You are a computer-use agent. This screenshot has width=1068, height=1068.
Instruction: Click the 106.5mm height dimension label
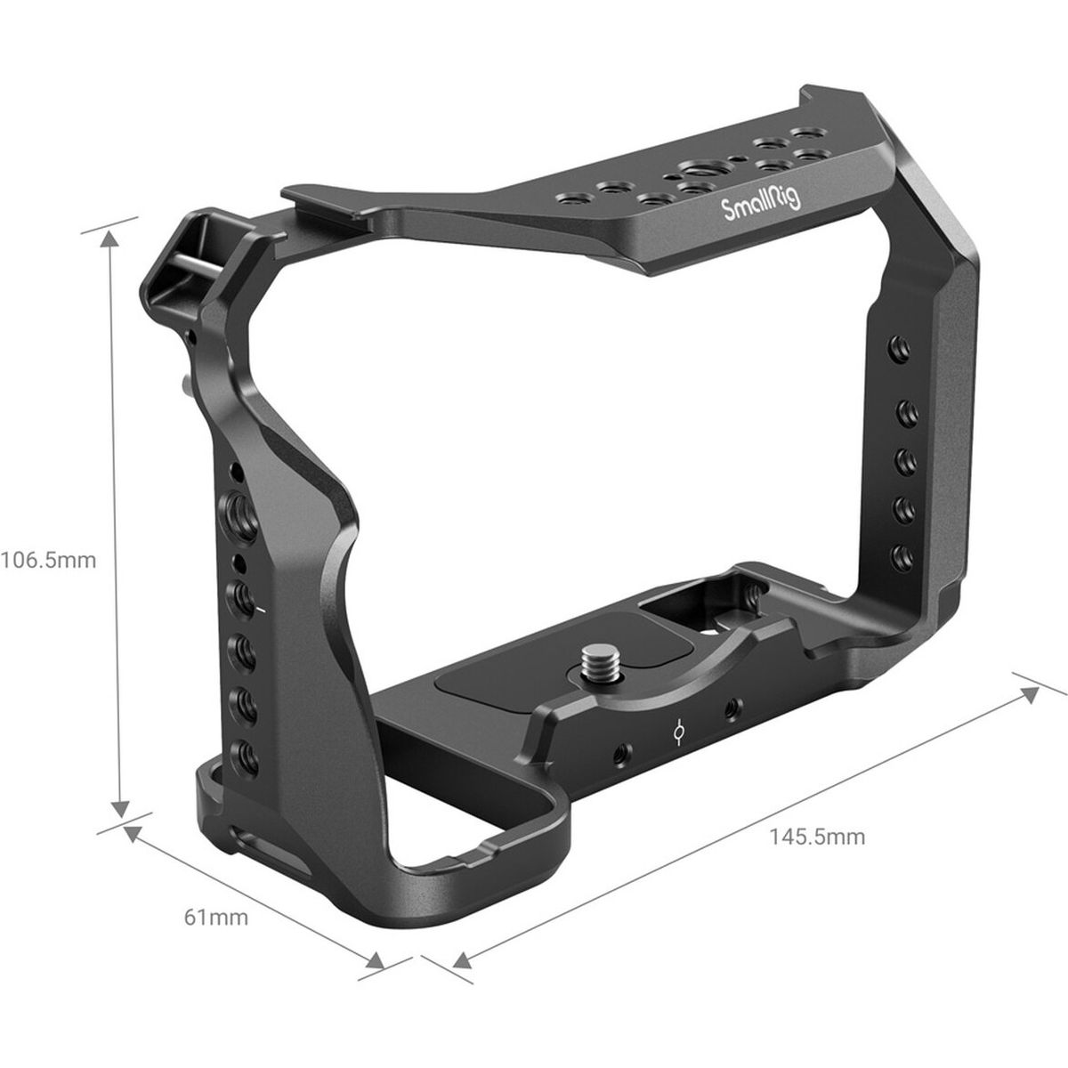tap(48, 562)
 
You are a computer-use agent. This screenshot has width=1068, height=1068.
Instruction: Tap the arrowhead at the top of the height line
tap(111, 240)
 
